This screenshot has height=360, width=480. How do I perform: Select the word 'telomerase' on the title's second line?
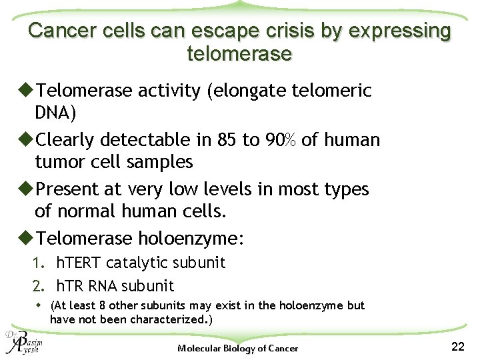(240, 54)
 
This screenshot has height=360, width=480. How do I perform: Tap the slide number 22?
(457, 346)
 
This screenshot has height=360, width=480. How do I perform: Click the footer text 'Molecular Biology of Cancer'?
(238, 348)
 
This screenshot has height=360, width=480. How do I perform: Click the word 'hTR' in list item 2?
(68, 286)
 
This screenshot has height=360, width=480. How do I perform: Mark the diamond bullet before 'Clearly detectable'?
(27, 140)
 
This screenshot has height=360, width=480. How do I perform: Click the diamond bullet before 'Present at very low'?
(27, 189)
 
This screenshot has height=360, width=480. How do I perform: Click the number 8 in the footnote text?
(98, 305)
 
